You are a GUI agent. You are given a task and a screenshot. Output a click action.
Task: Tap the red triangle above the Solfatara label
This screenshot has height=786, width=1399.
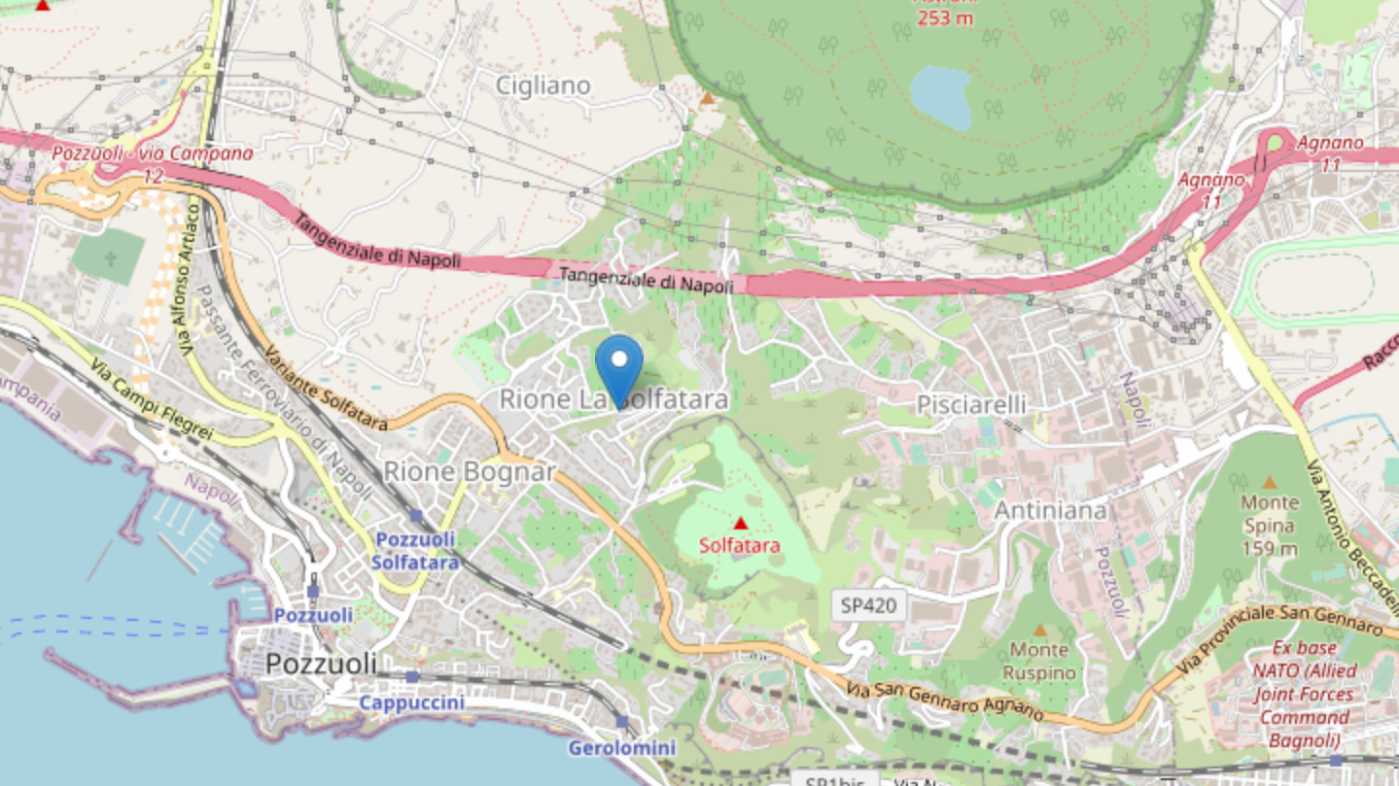click(x=740, y=524)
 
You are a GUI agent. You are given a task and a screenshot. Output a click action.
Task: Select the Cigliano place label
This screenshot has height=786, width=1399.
click(x=543, y=85)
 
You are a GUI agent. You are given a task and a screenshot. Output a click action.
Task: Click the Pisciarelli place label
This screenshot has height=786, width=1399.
click(x=971, y=404)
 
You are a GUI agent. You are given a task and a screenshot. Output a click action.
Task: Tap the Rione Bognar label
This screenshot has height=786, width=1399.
click(x=470, y=472)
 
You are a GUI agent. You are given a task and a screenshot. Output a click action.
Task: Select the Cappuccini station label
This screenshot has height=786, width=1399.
click(x=411, y=701)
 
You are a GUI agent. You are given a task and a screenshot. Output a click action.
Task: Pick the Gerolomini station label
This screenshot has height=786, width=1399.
click(x=621, y=747)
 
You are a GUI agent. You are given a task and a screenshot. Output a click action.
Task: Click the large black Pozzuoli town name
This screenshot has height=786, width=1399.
click(x=321, y=665)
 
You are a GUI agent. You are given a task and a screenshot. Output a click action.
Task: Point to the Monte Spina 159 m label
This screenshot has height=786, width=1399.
click(x=1269, y=525)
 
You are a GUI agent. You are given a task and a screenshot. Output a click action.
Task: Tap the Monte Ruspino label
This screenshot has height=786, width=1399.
click(x=1039, y=661)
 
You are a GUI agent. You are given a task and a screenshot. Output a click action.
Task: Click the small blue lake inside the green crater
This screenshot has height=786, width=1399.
click(x=941, y=97)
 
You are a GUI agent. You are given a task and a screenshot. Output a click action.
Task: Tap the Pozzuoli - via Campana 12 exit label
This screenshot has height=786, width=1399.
click(x=153, y=163)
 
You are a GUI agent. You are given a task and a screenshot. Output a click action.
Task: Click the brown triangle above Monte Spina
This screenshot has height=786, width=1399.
click(x=1269, y=482)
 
